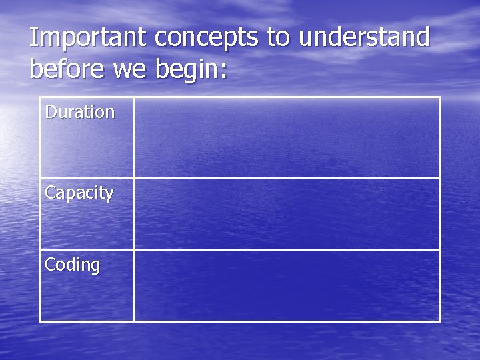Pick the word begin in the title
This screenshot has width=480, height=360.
click(x=187, y=70)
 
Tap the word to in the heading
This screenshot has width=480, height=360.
click(x=279, y=38)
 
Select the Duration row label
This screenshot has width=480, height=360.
click(x=79, y=112)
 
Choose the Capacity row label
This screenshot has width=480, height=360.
click(x=79, y=193)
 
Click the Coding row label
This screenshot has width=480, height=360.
click(x=72, y=265)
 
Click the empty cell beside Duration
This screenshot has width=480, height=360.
click(x=287, y=137)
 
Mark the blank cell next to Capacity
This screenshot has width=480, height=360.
click(x=287, y=213)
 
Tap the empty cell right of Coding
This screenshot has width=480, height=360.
click(x=287, y=285)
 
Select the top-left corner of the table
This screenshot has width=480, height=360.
click(x=40, y=97)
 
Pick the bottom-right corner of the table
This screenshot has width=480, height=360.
click(x=440, y=321)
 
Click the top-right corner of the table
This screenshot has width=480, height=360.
click(x=440, y=97)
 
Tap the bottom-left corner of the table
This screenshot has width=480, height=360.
click(x=40, y=321)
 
